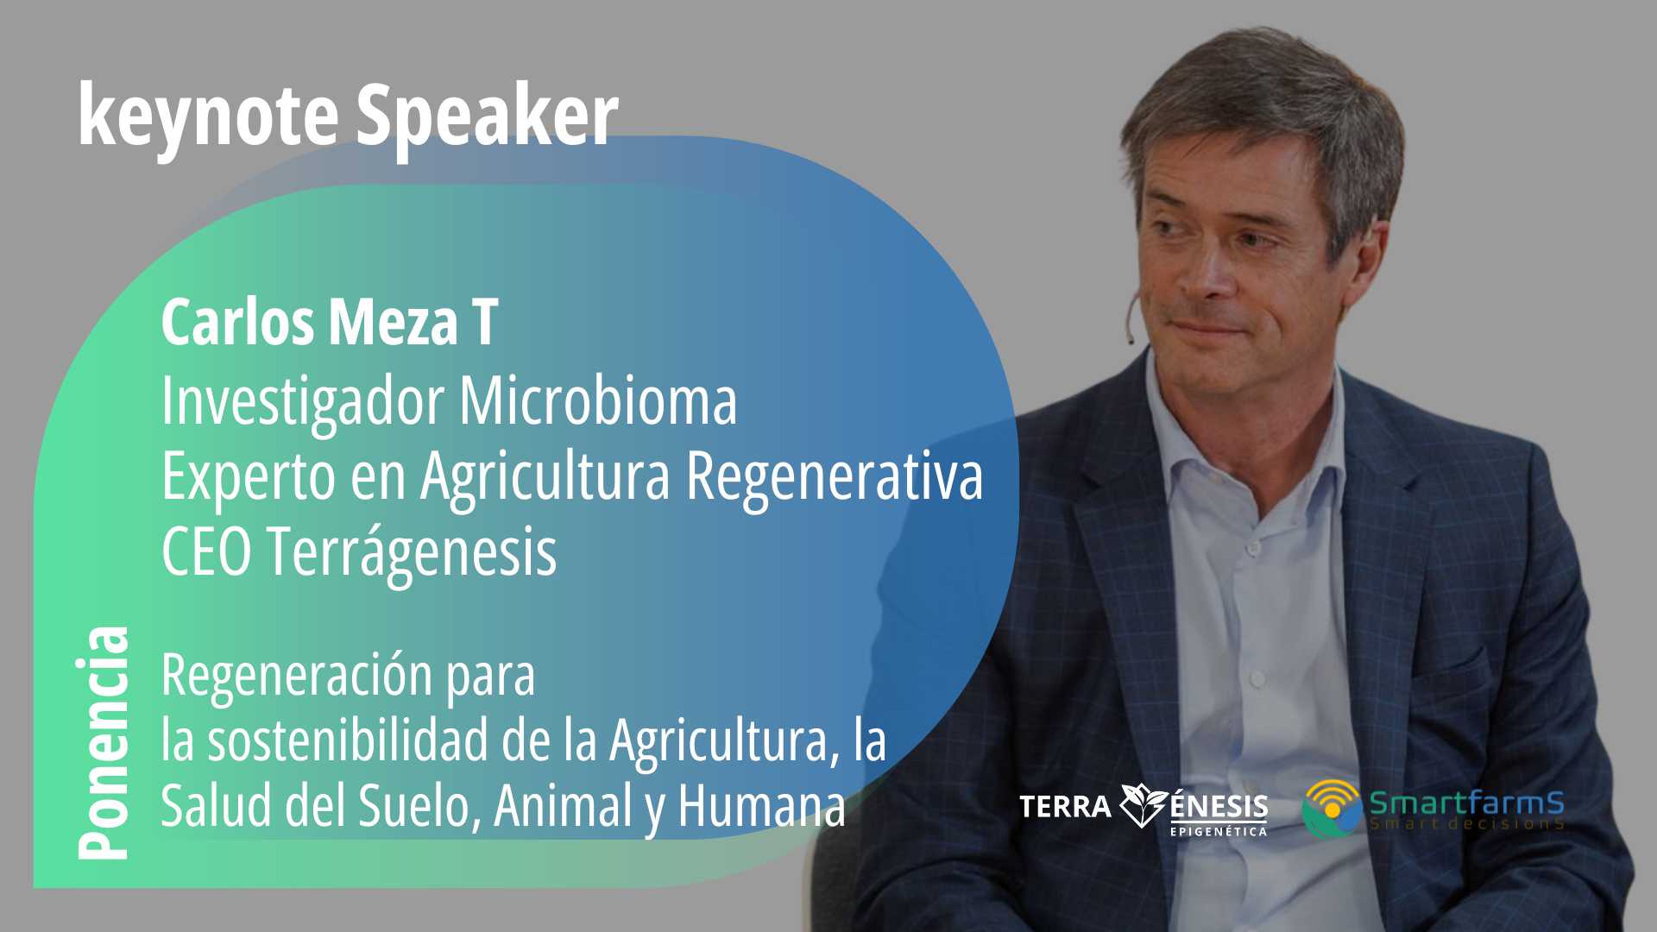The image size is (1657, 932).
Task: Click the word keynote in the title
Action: point(207,116)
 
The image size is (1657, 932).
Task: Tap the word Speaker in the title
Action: point(488,116)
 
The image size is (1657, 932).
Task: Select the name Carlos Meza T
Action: point(330,323)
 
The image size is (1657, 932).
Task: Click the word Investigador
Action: point(303,401)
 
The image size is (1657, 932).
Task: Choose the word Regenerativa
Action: point(835,476)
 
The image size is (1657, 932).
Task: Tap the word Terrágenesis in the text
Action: point(411,553)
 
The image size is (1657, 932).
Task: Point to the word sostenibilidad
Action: point(348,740)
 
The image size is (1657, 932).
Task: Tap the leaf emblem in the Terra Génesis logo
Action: point(1144,805)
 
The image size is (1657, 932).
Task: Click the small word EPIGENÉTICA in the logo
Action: point(1219,831)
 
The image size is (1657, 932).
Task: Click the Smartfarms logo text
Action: point(1466,803)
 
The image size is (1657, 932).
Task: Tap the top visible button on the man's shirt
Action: point(1253,545)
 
